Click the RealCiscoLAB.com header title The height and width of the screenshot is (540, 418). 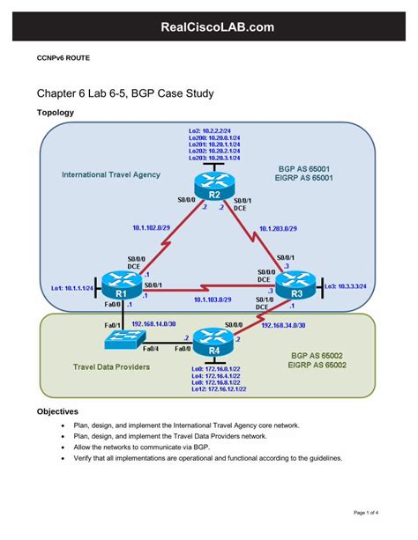pos(209,29)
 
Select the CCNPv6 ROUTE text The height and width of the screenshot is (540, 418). pos(63,57)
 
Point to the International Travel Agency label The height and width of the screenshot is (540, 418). pos(110,174)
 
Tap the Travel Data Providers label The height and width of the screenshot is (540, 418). pos(111,366)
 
